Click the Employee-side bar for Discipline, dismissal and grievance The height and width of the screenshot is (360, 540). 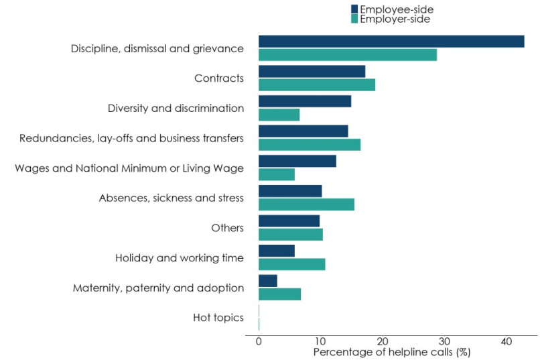point(391,42)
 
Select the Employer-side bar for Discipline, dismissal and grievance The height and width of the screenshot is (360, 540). point(348,55)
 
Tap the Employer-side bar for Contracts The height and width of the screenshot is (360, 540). point(317,84)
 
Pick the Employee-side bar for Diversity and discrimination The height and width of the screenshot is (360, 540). point(305,101)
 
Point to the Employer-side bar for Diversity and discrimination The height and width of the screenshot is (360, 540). point(279,115)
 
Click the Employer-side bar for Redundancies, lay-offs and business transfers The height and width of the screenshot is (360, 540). point(310,145)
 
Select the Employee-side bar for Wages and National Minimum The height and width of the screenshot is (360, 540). point(297,161)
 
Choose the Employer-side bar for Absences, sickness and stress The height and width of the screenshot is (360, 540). point(306,204)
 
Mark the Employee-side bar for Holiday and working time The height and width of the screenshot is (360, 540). point(277,251)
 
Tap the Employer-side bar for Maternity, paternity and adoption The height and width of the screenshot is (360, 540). point(279,294)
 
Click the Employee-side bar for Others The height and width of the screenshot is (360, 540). point(289,221)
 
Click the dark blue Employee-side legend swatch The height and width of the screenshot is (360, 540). point(354,9)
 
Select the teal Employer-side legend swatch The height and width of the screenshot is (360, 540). point(354,19)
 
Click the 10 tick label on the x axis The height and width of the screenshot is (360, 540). point(320,341)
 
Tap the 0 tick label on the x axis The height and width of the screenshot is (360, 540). point(259,341)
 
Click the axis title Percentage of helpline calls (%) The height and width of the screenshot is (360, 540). point(392,352)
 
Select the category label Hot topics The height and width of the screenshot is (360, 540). point(218,318)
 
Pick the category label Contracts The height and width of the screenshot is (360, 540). point(219,78)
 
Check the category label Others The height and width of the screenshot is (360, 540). point(228,228)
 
